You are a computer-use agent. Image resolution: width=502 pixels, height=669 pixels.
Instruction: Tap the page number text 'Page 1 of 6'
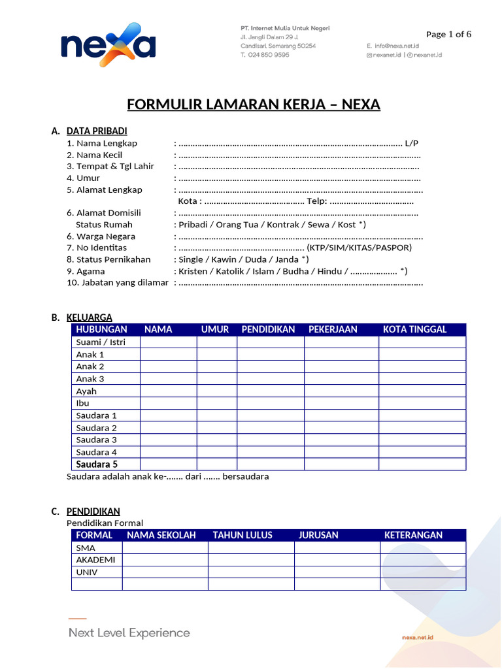click(x=448, y=35)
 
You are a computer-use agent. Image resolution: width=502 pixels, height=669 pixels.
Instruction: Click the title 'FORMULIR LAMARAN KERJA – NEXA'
click(x=253, y=105)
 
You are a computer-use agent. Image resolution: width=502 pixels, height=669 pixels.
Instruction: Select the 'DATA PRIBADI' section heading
click(x=97, y=131)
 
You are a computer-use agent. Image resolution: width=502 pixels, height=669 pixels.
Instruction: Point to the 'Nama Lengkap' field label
click(x=107, y=143)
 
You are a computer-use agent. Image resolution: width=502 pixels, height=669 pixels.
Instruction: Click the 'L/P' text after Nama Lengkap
click(x=412, y=143)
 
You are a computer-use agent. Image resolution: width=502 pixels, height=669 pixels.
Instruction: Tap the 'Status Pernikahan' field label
click(x=113, y=259)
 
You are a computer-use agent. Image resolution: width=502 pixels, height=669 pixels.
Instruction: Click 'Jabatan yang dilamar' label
click(x=124, y=282)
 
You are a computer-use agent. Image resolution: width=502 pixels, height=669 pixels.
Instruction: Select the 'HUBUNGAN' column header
click(x=101, y=329)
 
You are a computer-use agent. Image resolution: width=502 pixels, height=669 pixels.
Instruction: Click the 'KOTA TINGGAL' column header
click(x=414, y=329)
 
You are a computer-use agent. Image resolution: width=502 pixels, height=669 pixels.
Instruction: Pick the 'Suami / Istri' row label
click(x=101, y=342)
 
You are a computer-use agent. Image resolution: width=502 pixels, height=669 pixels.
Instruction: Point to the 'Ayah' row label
click(x=86, y=391)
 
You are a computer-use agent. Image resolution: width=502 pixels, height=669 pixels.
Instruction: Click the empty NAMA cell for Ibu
click(x=168, y=403)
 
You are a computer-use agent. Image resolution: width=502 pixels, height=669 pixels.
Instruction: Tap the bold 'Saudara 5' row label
click(x=97, y=465)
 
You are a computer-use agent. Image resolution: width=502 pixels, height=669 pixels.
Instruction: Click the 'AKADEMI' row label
click(x=95, y=560)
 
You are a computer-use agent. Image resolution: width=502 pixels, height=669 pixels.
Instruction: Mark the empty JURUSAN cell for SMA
click(x=337, y=547)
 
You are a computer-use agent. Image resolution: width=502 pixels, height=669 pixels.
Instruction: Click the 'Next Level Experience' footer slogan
click(x=129, y=632)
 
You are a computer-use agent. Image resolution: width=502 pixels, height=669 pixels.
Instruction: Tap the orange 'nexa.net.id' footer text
click(x=418, y=636)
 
